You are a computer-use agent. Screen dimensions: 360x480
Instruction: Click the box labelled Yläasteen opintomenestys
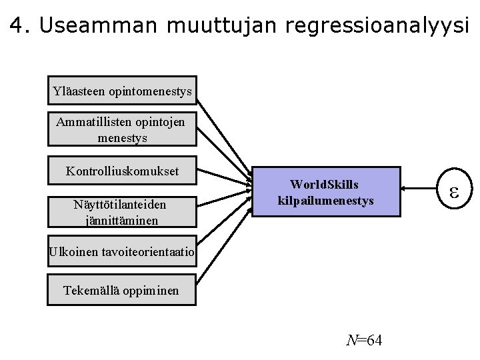123,90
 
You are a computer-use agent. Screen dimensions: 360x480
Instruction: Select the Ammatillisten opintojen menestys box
123,130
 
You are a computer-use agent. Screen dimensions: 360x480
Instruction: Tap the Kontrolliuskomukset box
123,171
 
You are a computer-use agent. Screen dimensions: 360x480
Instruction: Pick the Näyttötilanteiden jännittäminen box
123,211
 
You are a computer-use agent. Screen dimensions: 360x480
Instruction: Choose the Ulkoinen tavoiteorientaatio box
123,251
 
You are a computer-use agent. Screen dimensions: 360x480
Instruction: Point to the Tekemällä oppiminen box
123,291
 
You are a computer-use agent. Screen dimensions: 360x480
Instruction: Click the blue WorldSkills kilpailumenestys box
327,191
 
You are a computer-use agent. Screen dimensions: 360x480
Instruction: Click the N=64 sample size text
364,341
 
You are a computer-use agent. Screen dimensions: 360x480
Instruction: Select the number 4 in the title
18,25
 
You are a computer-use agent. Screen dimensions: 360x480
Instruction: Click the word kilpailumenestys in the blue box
326,199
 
